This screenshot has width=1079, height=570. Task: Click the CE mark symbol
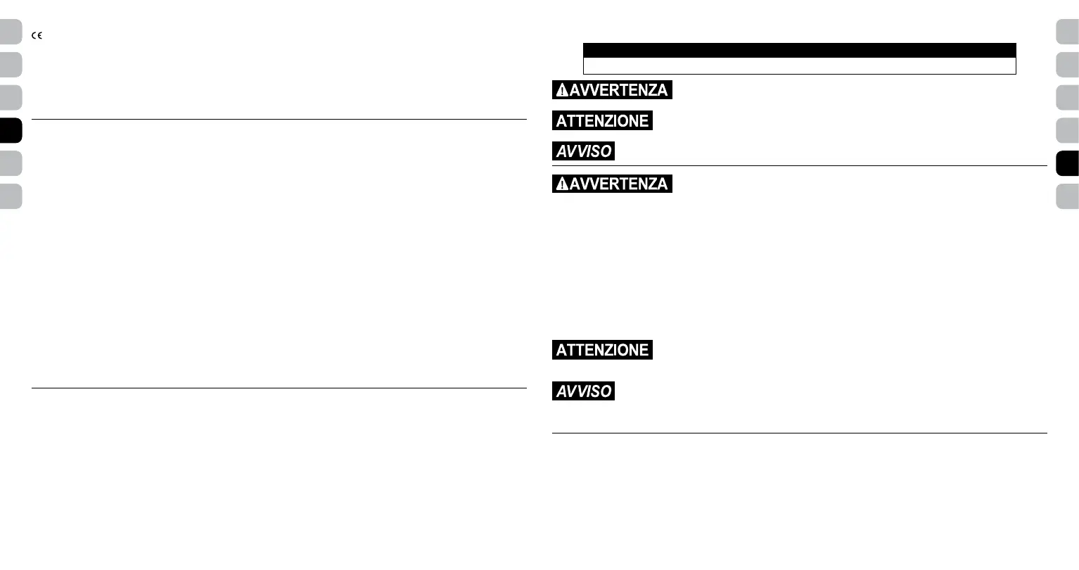37,36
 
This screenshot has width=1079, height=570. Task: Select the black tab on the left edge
11,131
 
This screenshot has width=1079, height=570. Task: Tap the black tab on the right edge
1068,163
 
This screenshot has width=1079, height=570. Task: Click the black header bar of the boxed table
799,50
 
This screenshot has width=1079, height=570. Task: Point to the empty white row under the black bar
799,66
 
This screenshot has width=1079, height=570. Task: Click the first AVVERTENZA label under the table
612,90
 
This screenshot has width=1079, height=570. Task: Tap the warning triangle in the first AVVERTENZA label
562,90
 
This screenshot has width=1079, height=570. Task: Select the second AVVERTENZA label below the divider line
612,184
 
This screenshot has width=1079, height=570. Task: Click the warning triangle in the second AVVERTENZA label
562,184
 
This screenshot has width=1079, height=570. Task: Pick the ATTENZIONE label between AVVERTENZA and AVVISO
602,121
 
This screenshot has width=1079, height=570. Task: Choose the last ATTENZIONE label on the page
602,350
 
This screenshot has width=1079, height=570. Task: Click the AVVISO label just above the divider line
583,151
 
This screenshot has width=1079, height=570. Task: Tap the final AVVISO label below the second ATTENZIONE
583,391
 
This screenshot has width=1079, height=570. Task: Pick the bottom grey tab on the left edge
11,196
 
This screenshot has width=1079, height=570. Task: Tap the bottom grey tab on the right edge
1068,196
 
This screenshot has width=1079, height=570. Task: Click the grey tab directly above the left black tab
11,98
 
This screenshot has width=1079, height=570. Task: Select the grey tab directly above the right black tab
1068,131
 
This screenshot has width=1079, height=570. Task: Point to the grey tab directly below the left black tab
11,163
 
